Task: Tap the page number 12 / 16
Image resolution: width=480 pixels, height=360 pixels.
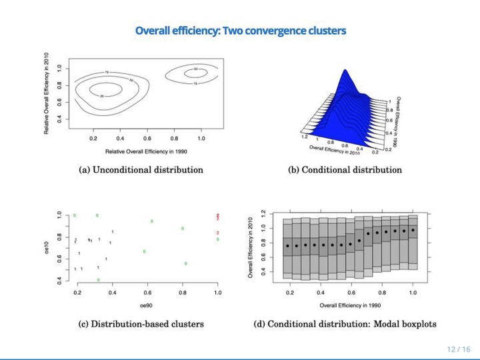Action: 459,349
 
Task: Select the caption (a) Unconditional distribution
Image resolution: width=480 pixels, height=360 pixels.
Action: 141,170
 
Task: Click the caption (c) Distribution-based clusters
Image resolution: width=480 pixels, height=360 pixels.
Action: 141,325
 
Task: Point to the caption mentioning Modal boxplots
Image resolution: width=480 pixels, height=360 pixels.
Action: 345,325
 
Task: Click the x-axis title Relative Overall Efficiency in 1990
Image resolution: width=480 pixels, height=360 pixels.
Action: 147,152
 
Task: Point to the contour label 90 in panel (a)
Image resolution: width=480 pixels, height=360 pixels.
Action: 195,69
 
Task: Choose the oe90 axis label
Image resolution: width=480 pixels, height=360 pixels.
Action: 147,305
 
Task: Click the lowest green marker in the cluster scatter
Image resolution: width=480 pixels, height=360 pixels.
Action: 99,280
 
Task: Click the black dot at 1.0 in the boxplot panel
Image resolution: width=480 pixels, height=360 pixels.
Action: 413,230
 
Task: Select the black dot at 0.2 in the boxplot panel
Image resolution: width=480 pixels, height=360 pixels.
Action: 287,246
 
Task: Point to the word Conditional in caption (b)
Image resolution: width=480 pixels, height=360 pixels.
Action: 324,170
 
